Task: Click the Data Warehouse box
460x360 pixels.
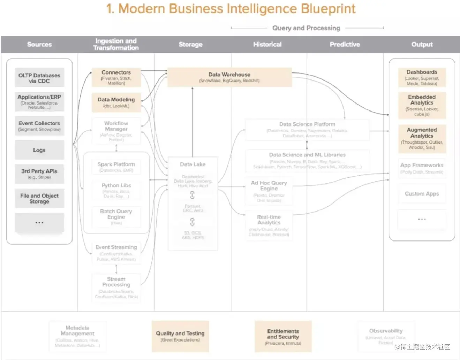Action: tap(229, 77)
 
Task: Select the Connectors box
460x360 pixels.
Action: tap(116, 77)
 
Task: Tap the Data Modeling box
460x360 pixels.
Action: tap(116, 102)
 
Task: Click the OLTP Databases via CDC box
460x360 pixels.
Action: tap(39, 78)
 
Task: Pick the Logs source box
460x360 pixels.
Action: tap(39, 150)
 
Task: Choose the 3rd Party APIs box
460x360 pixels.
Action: tap(39, 174)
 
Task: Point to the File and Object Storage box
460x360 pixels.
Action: tap(39, 198)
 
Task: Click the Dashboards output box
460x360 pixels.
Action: tap(422, 77)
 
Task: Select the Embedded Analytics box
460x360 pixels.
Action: tap(422, 105)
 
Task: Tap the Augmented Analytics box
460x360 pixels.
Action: tap(422, 138)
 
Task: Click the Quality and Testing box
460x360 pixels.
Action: tap(180, 336)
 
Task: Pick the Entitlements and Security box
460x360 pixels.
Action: tap(283, 336)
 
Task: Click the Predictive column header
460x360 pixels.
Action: tap(345, 44)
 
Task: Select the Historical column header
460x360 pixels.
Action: tap(267, 44)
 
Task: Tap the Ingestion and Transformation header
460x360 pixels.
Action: tap(116, 44)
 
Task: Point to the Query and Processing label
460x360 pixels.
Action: tap(306, 28)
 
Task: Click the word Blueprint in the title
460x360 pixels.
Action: tap(328, 8)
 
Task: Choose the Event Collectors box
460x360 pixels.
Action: tap(39, 126)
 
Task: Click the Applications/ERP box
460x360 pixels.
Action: tap(39, 101)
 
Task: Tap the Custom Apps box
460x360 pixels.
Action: tap(422, 193)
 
